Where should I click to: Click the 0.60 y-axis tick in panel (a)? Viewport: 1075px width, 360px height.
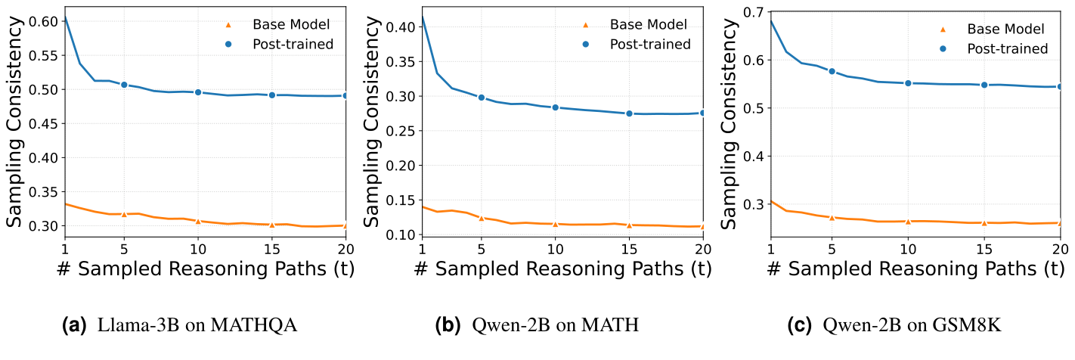(x=44, y=21)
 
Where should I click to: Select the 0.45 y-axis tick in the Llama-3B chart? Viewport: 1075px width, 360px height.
(x=44, y=124)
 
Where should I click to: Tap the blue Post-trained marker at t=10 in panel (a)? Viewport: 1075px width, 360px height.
(x=198, y=92)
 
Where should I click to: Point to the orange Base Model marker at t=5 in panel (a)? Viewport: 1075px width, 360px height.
(x=124, y=214)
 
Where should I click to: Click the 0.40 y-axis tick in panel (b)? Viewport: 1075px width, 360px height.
(x=401, y=27)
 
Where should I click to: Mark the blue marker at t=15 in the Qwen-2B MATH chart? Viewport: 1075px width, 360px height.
(x=629, y=113)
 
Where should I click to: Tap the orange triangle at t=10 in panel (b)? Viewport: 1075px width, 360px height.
(x=555, y=224)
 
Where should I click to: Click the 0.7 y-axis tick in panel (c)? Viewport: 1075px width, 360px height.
(x=753, y=12)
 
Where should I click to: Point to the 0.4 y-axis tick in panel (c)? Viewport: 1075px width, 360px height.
(x=753, y=156)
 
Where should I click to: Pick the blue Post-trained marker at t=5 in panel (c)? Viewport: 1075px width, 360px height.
(x=832, y=71)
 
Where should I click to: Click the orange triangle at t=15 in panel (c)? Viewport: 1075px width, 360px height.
(x=984, y=222)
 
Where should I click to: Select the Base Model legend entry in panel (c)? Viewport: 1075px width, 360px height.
(x=1005, y=29)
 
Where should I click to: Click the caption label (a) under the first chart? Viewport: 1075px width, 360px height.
(x=76, y=326)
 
